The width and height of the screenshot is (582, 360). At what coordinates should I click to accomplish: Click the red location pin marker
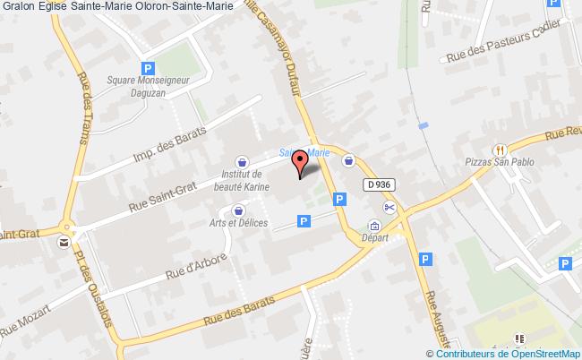pyautogui.click(x=299, y=163)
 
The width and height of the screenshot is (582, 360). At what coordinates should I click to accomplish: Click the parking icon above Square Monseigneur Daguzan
pyautogui.click(x=149, y=67)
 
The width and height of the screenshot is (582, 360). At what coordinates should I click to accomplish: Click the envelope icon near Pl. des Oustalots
pyautogui.click(x=64, y=241)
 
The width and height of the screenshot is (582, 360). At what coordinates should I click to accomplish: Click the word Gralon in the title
pyautogui.click(x=18, y=6)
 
